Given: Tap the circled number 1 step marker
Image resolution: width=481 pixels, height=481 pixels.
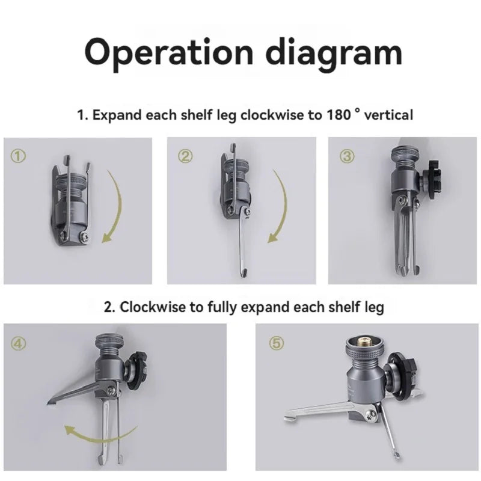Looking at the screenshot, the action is (x=19, y=156).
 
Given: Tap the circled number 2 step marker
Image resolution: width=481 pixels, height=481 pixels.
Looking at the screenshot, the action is (x=186, y=156).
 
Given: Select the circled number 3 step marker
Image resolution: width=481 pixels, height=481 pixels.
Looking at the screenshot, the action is (x=347, y=156).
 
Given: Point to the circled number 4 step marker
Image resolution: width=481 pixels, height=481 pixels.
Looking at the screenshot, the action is (x=19, y=343).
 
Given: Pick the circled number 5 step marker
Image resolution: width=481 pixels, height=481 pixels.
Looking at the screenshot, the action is (x=277, y=343).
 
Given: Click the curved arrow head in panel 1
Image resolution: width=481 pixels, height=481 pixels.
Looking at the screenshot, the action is (x=108, y=237).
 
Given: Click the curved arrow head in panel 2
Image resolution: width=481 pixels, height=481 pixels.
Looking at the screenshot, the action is (x=274, y=237).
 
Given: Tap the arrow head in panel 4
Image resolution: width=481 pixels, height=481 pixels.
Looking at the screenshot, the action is (x=70, y=430).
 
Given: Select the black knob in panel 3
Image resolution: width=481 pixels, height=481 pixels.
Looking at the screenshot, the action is (x=430, y=176).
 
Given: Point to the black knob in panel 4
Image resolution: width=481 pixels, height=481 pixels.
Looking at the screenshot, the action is (x=137, y=371).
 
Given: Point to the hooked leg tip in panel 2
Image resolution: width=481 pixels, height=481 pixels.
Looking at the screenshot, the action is (x=244, y=272).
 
